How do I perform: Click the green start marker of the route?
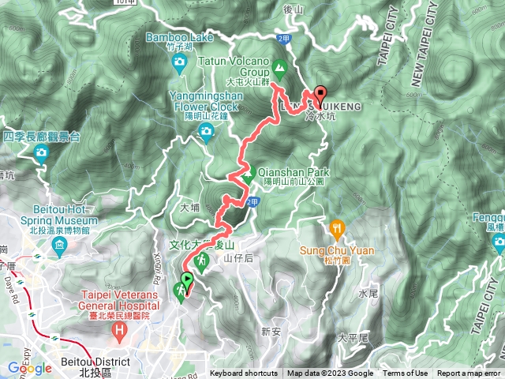click(x=187, y=280)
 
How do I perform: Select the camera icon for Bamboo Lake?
click(x=180, y=61)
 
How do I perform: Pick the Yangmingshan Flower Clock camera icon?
click(x=207, y=131)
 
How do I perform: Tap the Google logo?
click(x=29, y=368)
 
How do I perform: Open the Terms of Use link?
click(x=406, y=373)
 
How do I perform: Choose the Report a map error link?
click(x=469, y=373)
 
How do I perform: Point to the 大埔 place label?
click(x=192, y=208)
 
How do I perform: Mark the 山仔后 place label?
click(x=238, y=257)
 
